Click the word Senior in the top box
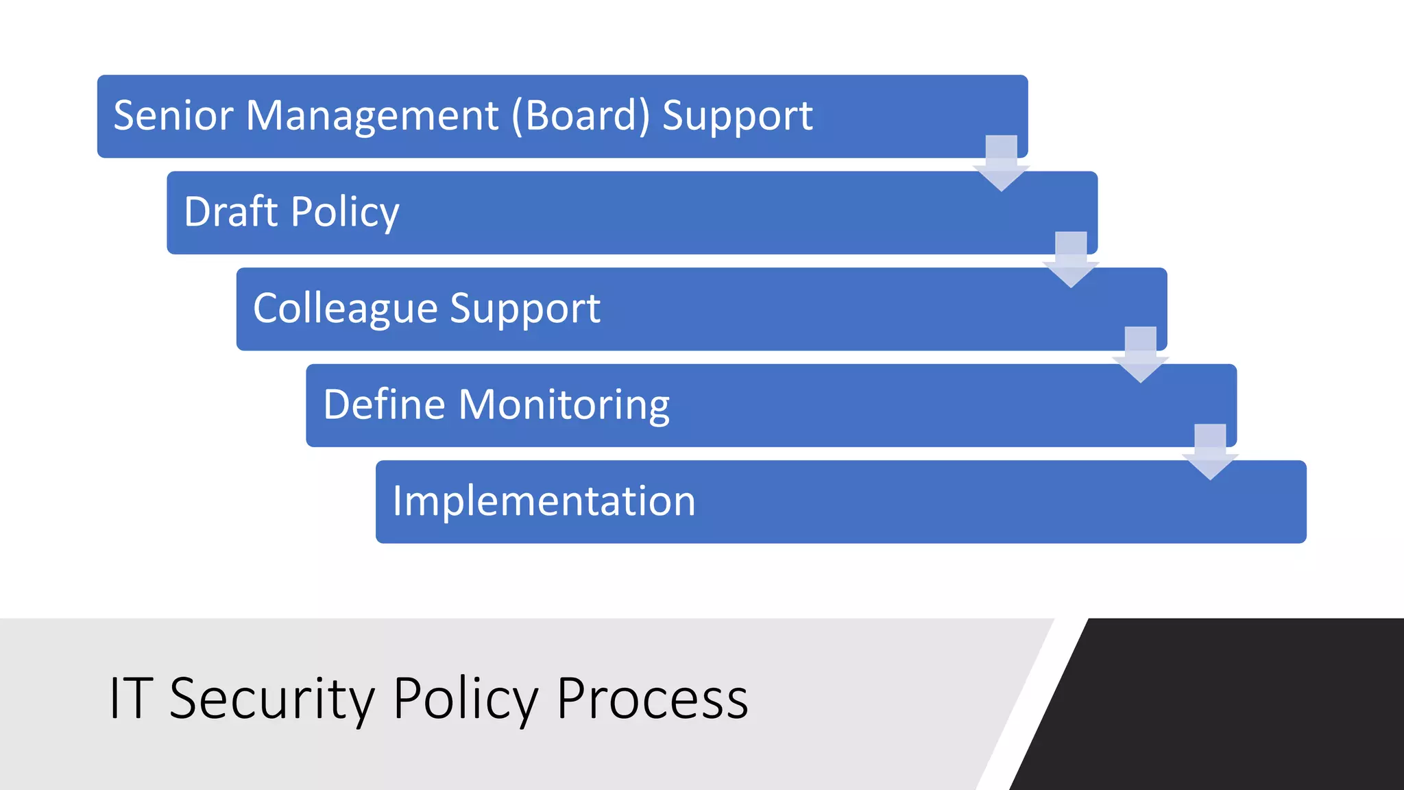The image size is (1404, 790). (173, 115)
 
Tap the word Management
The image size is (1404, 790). (372, 115)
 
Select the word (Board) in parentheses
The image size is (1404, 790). (580, 115)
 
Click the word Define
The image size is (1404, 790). (384, 404)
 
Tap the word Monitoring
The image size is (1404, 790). (564, 404)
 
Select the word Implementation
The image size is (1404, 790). (544, 501)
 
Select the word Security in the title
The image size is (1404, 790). (272, 698)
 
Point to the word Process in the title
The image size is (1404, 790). (652, 698)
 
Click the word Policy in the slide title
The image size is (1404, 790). (465, 698)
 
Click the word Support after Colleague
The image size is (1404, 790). (525, 308)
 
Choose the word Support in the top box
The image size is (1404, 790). (737, 115)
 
